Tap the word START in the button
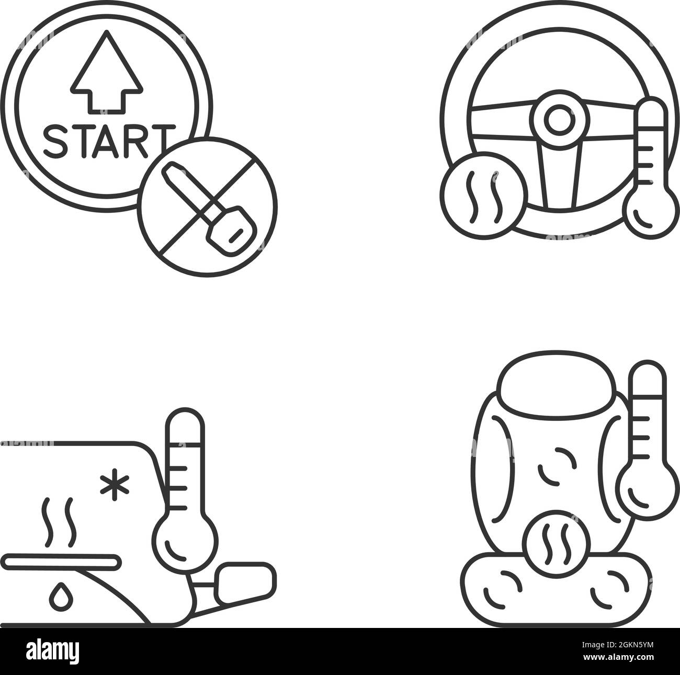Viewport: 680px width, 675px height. [x=109, y=141]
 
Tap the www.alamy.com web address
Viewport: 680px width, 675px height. [x=618, y=657]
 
